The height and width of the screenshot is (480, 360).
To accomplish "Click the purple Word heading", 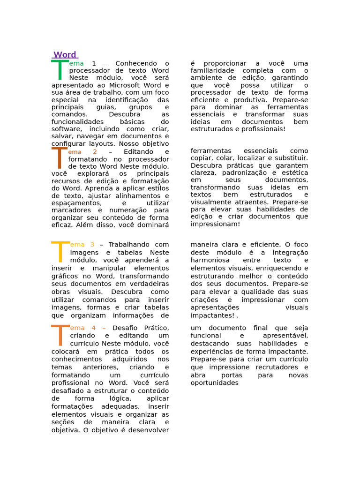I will (65, 55).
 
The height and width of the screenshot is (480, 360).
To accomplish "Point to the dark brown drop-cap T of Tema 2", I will (60, 158).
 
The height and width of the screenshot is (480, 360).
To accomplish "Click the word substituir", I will (290, 158).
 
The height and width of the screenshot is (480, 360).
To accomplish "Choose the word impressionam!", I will (215, 224).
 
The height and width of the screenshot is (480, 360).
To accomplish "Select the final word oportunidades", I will (215, 383).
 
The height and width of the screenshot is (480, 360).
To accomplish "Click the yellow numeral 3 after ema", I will (92, 245).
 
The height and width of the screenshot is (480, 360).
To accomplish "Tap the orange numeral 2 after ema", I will (95, 152).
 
